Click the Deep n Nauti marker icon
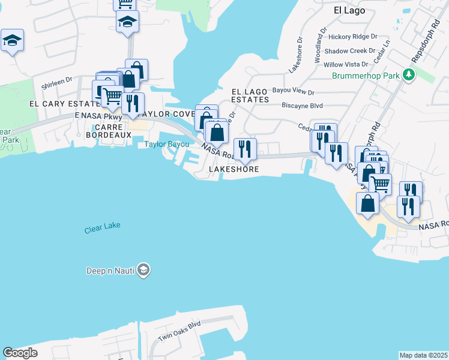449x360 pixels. [x=143, y=270]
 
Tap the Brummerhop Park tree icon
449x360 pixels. [x=409, y=75]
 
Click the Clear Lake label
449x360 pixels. [x=102, y=226]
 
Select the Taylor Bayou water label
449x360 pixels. [x=166, y=145]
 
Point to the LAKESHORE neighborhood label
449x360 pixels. [x=234, y=170]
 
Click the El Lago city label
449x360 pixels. [x=349, y=10]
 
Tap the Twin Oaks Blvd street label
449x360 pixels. [x=179, y=332]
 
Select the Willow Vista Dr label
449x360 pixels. [x=346, y=64]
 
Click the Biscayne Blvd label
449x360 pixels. [x=303, y=104]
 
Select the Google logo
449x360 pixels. [x=20, y=353]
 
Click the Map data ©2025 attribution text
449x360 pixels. [x=424, y=355]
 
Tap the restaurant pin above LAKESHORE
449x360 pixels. [x=244, y=148]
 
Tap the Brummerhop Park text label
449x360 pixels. [x=366, y=76]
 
